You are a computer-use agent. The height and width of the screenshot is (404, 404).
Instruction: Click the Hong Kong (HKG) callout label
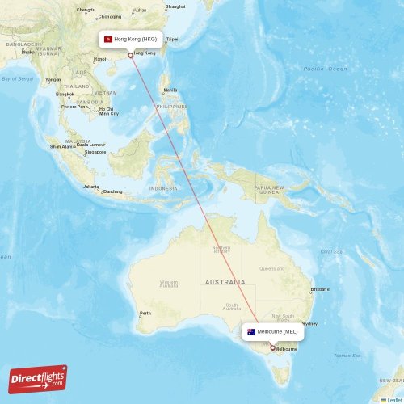[130, 39]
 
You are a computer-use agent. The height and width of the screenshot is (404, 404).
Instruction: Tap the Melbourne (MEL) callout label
[273, 331]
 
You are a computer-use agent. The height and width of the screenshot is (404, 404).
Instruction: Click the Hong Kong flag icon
[108, 39]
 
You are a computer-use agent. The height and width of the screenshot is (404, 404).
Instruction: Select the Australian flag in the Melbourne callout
[251, 331]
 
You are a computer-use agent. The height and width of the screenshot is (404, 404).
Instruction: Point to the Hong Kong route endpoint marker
[130, 55]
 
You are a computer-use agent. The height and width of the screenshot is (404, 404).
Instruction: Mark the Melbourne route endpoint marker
[273, 348]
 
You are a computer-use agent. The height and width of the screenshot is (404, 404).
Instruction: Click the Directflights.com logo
[38, 378]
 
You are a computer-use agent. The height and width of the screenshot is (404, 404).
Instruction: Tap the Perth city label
[145, 314]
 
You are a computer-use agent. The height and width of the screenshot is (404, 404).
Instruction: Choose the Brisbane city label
[320, 288]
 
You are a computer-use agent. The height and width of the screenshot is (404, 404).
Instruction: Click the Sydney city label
[309, 323]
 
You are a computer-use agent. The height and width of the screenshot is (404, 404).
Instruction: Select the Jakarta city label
[90, 186]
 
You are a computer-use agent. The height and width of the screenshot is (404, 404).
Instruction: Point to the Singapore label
[95, 152]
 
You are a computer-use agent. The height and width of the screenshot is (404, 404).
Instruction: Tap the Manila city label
[170, 90]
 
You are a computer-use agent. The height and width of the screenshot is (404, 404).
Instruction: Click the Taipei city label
[172, 39]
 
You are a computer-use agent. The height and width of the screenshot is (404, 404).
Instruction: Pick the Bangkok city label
[65, 95]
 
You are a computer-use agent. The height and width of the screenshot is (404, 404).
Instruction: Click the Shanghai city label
[175, 6]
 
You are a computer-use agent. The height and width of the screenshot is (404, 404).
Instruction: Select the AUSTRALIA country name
[225, 282]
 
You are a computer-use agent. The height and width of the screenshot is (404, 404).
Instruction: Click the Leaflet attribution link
[393, 399]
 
